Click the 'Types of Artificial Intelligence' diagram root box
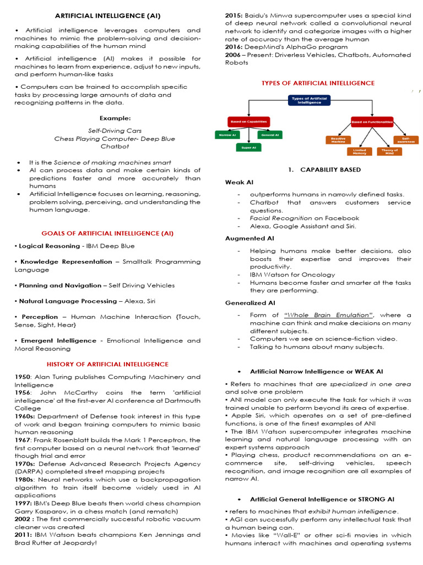[x=309, y=101]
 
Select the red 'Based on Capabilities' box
[x=247, y=120]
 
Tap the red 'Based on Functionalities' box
[x=372, y=120]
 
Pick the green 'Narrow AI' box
[x=226, y=134]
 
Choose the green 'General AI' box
[x=269, y=134]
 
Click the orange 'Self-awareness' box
[x=402, y=140]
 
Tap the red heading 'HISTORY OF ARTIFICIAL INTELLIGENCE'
[x=108, y=364]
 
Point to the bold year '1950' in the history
[x=23, y=376]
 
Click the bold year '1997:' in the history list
[x=25, y=503]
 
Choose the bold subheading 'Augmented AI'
[x=250, y=238]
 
